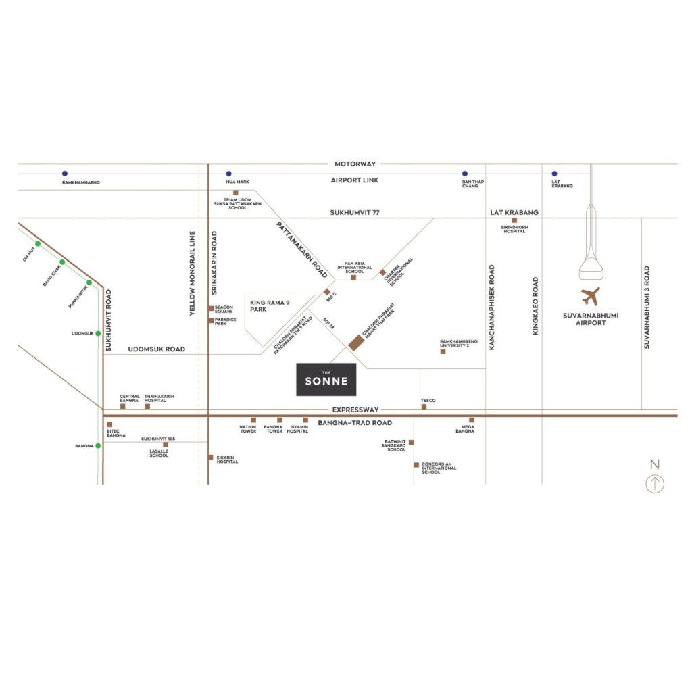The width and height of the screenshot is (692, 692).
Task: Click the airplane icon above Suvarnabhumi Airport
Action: [x=590, y=296]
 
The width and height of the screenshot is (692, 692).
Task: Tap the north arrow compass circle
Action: [x=654, y=484]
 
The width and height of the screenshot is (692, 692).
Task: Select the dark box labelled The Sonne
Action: [x=326, y=379]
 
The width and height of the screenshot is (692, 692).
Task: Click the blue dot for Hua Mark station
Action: [x=228, y=174]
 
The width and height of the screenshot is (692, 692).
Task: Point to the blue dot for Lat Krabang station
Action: [x=555, y=174]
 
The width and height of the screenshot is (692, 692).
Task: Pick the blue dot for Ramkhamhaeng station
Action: [x=64, y=174]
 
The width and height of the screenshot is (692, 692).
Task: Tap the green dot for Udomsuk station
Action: [x=98, y=333]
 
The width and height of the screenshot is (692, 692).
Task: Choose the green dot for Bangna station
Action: [x=98, y=445]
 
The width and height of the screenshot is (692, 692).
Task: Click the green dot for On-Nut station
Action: [x=39, y=244]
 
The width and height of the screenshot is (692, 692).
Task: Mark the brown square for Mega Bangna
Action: [x=472, y=420]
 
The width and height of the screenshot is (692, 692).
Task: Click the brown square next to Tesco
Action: [x=424, y=407]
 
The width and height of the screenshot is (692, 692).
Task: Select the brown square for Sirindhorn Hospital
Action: [x=514, y=221]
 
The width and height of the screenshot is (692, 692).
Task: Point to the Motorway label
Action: [x=355, y=164]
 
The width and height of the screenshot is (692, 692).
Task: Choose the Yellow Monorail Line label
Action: [x=192, y=274]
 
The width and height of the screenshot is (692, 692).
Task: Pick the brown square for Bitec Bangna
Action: [x=109, y=424]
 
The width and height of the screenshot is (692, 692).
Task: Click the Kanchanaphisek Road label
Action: [x=492, y=306]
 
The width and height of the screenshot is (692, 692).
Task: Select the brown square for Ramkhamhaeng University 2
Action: [x=443, y=351]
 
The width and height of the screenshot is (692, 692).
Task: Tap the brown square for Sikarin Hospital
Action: [x=211, y=458]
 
